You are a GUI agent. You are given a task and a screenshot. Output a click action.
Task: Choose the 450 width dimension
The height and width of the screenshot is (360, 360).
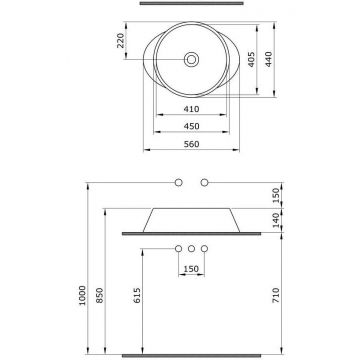pyautogui.click(x=190, y=127)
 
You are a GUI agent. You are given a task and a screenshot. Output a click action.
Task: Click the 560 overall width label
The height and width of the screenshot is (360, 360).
pyautogui.click(x=190, y=145)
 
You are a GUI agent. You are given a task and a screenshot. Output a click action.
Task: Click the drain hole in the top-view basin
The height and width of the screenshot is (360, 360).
pyautogui.click(x=190, y=60)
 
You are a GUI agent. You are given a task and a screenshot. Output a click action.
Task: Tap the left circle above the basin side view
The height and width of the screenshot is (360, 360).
pyautogui.click(x=177, y=181)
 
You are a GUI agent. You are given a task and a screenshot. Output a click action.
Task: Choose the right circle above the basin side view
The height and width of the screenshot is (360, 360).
pyautogui.click(x=204, y=181)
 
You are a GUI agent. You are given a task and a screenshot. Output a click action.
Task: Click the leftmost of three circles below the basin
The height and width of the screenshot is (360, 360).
pyautogui.click(x=177, y=249)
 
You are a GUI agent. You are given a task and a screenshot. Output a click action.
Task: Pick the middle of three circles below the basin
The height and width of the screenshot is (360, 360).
pyautogui.click(x=190, y=249)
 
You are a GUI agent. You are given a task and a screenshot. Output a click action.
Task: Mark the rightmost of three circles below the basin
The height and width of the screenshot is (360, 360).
pyautogui.click(x=204, y=249)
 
